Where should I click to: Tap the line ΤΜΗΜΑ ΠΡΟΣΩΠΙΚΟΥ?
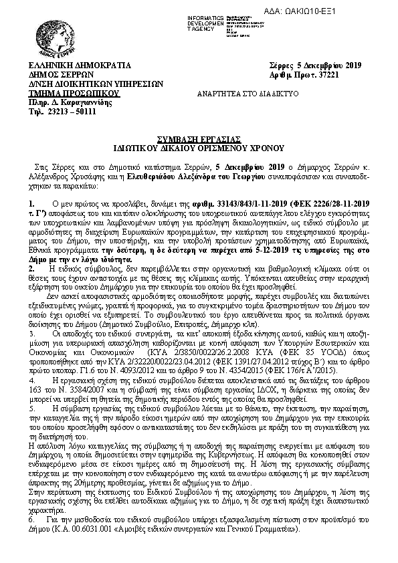click(74, 94)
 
